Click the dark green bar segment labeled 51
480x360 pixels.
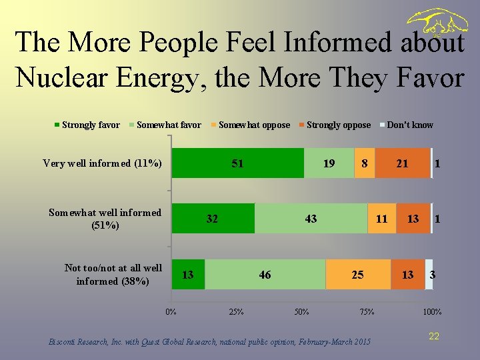point(237,163)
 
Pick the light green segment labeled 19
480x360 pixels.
point(329,163)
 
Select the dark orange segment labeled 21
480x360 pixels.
point(402,163)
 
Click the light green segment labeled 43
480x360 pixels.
point(311,219)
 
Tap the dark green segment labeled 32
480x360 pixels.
point(213,219)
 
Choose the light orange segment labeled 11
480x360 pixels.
point(382,219)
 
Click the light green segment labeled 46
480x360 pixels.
point(265,275)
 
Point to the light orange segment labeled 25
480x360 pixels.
point(357,275)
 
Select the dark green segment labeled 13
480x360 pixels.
point(188,275)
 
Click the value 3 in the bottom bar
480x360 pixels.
point(433,275)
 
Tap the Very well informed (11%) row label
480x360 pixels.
point(102,163)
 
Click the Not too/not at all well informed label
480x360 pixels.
point(113,274)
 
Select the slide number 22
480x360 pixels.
point(434,337)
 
